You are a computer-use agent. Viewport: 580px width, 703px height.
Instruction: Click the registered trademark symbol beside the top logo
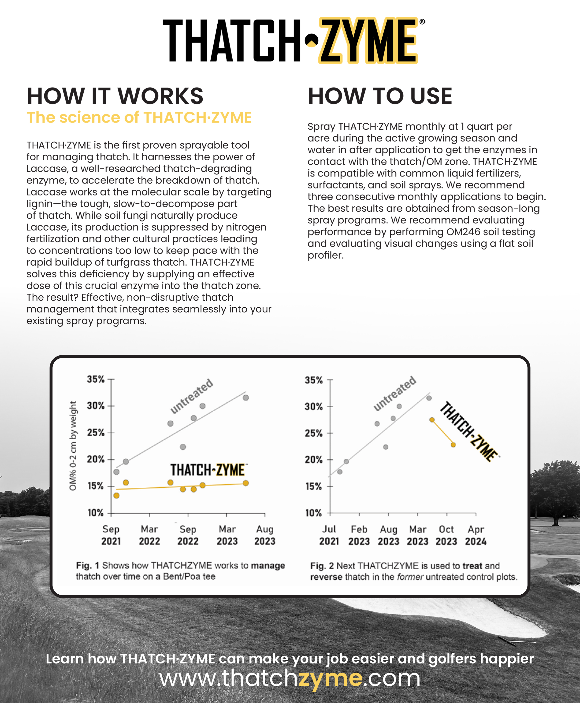422,22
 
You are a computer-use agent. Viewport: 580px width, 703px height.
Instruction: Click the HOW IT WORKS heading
115,96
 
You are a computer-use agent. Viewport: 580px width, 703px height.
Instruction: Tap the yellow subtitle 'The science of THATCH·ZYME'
139,118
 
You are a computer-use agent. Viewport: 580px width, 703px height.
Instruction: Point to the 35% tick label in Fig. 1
96,379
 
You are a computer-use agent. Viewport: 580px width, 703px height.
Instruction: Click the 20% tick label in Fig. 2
313,460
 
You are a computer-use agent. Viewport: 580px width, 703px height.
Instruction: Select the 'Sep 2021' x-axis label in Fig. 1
111,535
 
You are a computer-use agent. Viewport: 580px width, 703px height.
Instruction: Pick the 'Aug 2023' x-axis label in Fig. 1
265,535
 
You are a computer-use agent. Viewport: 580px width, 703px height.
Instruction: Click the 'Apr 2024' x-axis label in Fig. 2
476,535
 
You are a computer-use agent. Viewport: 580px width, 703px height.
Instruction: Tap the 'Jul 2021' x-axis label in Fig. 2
329,535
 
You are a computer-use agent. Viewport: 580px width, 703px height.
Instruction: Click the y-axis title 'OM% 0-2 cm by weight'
73,446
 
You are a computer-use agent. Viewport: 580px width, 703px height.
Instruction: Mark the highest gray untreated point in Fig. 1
245,398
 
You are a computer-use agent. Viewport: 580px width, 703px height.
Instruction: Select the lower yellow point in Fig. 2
453,445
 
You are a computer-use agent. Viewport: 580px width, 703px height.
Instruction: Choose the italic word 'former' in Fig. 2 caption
410,577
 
